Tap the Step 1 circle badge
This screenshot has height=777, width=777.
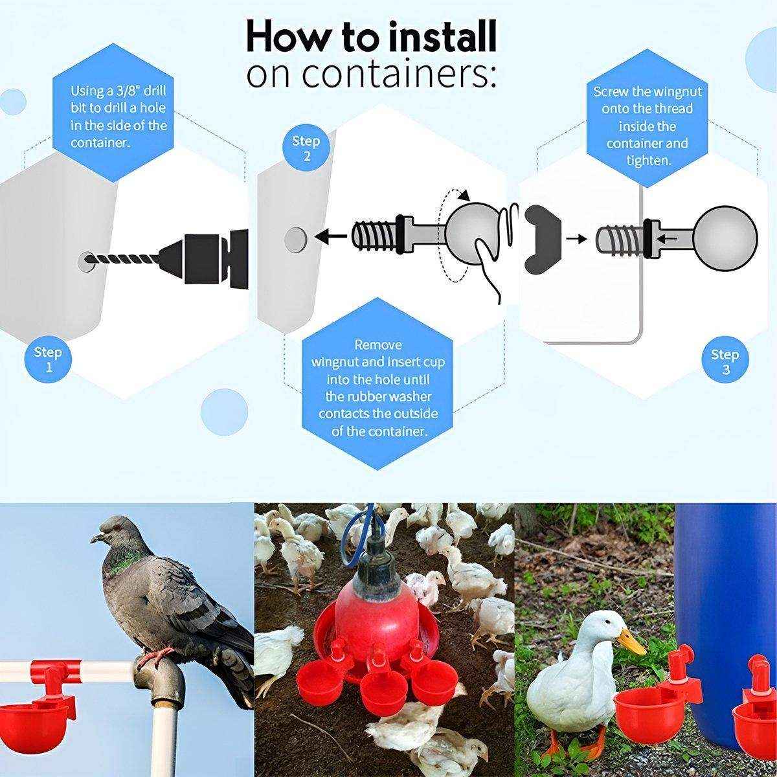[x=47, y=360]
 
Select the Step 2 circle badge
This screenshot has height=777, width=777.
[x=306, y=148]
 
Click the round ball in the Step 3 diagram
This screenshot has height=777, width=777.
[x=725, y=238]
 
